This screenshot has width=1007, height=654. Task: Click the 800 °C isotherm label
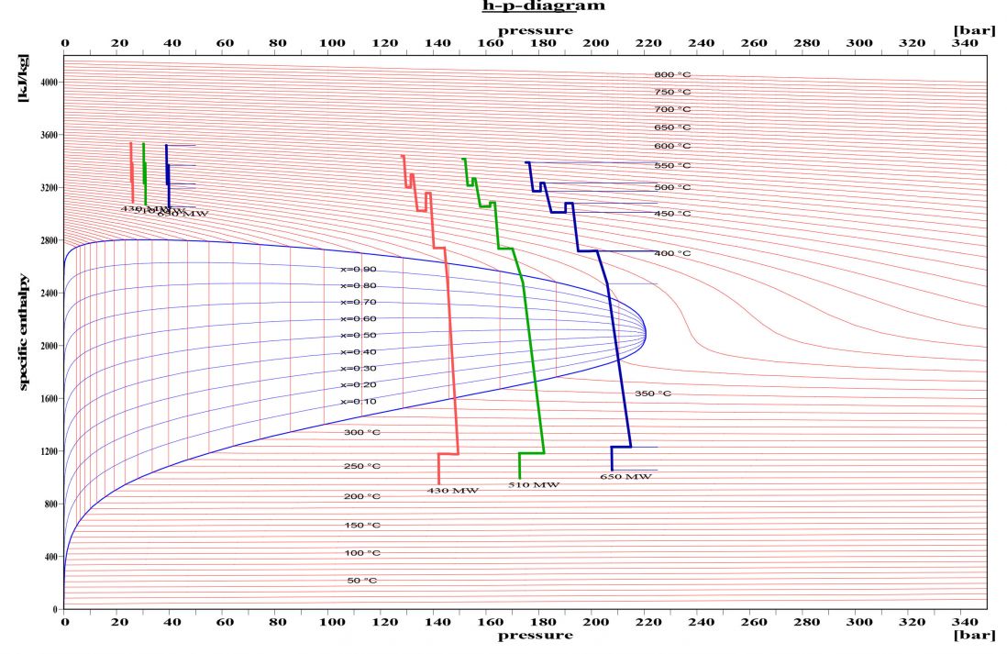[672, 75]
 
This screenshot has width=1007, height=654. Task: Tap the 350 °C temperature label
[653, 394]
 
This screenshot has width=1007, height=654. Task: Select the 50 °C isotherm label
[361, 581]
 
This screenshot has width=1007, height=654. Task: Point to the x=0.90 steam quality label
[359, 270]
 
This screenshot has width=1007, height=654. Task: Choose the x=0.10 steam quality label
[359, 402]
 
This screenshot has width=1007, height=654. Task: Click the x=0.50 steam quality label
[359, 336]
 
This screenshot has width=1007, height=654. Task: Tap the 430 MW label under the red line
[453, 491]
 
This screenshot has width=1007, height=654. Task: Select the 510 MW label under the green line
[534, 484]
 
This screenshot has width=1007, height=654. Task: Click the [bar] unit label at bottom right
[974, 635]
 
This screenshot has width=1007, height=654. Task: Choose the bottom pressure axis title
[536, 635]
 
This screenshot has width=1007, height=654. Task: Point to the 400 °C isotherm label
[672, 253]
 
